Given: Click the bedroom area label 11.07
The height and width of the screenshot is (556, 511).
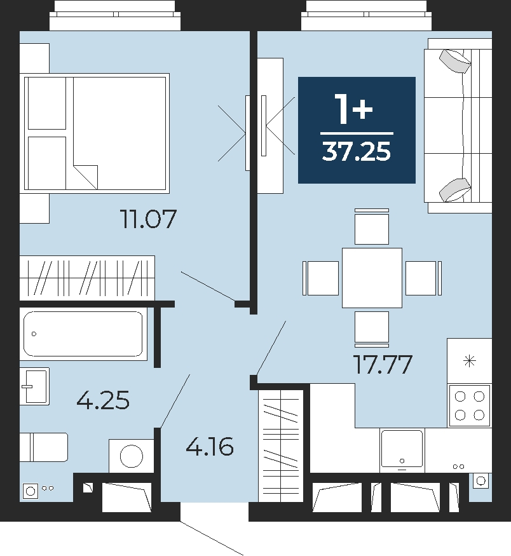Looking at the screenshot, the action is [x=149, y=219].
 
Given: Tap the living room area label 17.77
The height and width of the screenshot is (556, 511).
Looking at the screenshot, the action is [x=383, y=364].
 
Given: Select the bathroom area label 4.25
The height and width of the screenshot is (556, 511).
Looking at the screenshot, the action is [x=103, y=400].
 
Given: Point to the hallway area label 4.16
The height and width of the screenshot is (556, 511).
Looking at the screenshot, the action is [x=210, y=446].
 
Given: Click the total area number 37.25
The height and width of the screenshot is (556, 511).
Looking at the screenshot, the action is [x=357, y=152].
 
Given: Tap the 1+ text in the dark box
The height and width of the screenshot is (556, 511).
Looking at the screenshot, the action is [x=354, y=109].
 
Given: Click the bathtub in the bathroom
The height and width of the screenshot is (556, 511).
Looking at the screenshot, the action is [x=83, y=334].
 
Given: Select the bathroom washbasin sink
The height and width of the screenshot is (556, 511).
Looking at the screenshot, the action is [x=34, y=386].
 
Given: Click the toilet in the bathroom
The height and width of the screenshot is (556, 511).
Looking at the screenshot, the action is [x=44, y=447].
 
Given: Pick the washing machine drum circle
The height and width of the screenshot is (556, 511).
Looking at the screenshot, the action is [x=132, y=456].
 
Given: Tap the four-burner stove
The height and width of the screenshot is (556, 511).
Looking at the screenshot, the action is [x=470, y=405].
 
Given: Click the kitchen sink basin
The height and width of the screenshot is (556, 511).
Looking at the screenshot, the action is [x=402, y=448].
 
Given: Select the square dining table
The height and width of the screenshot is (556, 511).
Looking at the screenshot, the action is [x=372, y=278].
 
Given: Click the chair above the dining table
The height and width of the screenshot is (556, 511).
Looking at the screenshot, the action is [x=372, y=227].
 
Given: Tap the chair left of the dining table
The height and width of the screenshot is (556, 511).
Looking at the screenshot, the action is [x=320, y=278].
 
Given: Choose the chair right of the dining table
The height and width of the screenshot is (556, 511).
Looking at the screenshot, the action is [x=423, y=278].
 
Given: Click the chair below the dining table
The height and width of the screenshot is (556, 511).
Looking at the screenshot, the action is [x=372, y=329].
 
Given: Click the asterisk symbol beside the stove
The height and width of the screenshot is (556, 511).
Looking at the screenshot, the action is [x=470, y=362].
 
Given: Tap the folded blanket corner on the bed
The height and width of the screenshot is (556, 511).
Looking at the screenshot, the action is [x=85, y=177].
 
